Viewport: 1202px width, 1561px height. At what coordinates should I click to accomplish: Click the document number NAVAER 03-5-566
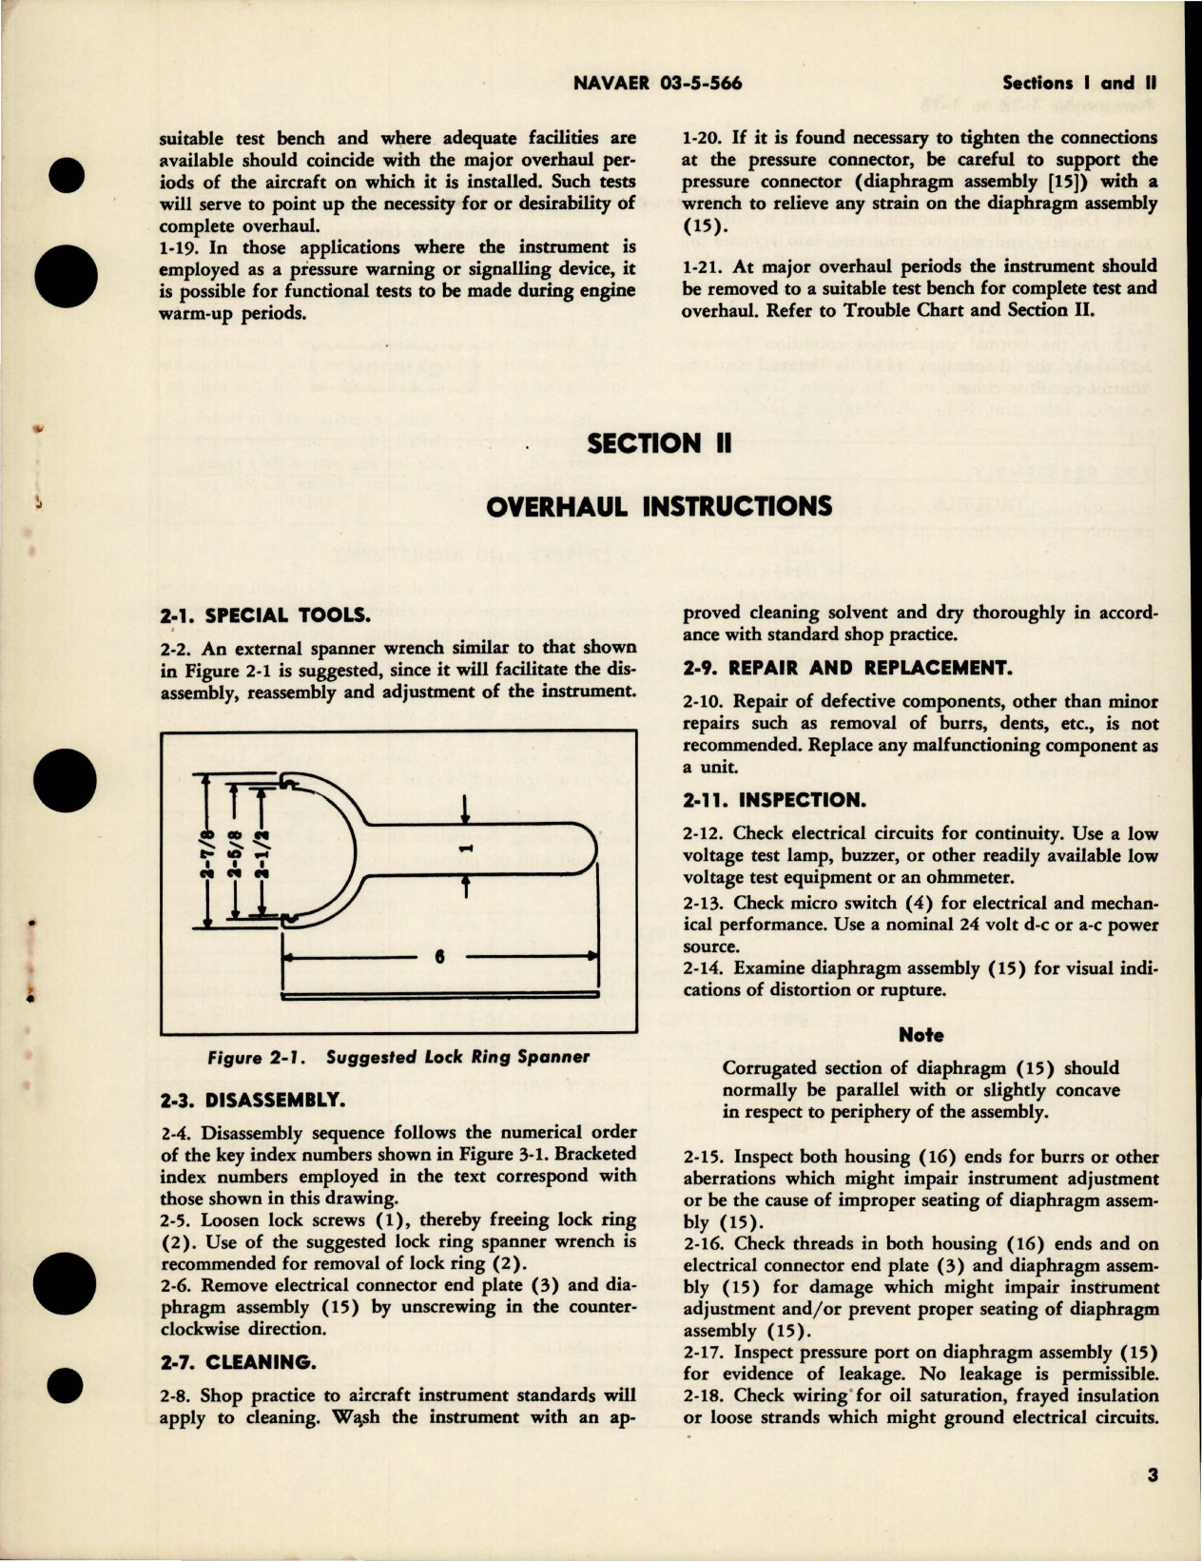(658, 83)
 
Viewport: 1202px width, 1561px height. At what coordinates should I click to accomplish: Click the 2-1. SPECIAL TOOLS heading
(264, 615)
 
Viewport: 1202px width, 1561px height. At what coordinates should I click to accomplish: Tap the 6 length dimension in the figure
(439, 957)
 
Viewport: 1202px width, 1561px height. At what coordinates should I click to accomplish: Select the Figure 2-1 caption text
(398, 1057)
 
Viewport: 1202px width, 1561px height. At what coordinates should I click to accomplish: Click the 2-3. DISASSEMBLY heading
(250, 1100)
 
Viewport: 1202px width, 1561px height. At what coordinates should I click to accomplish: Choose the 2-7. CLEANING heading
(238, 1362)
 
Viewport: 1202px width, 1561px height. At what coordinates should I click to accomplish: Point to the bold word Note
(921, 1035)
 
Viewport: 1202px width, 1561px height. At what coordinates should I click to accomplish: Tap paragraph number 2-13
(706, 903)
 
